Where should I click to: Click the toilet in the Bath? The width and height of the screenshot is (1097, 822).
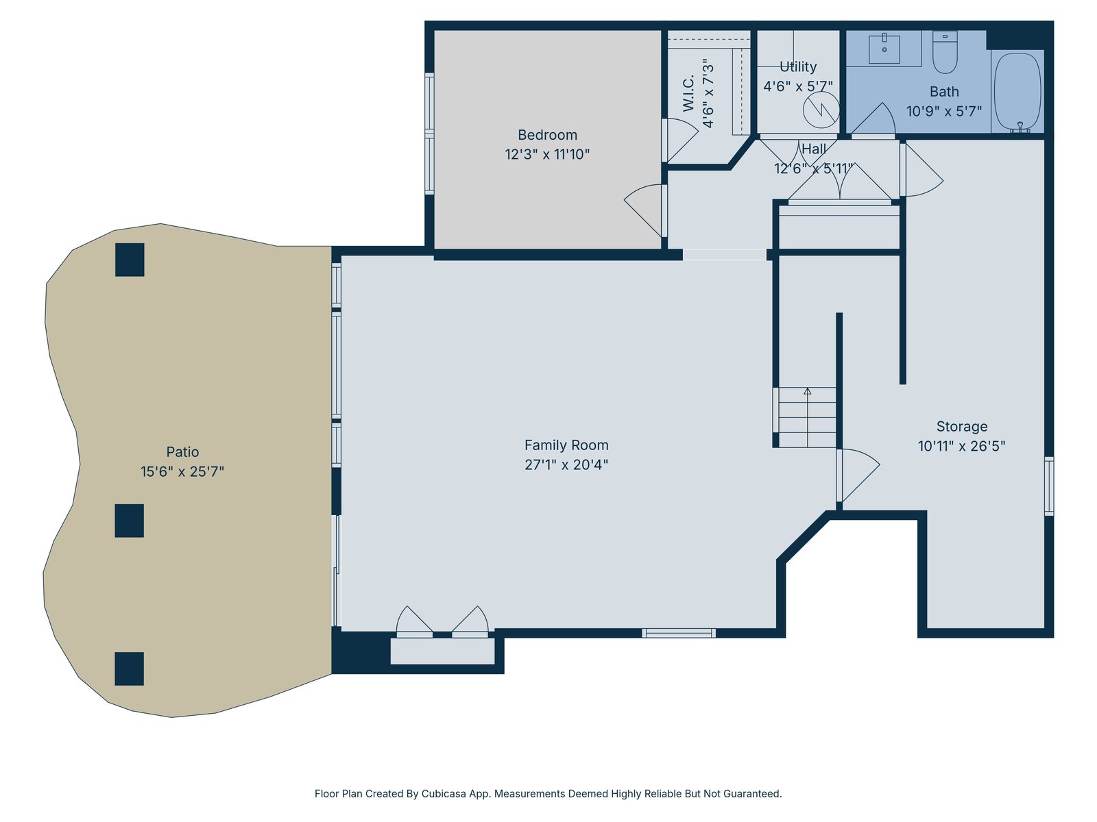(945, 52)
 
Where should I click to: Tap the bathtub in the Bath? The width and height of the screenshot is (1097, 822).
(1017, 92)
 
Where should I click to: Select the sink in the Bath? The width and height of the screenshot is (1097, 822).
(884, 49)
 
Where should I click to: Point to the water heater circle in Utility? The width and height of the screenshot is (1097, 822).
(821, 110)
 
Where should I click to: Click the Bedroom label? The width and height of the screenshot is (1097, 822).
(547, 135)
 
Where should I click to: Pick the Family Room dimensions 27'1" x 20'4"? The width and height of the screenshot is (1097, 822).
(566, 464)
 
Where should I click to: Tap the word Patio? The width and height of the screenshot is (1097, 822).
(182, 451)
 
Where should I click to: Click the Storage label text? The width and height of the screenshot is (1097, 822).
(961, 426)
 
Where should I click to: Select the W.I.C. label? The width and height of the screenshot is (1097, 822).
(688, 93)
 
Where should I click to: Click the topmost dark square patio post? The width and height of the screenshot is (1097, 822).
(130, 260)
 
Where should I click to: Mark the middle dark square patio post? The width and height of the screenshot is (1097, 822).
(130, 521)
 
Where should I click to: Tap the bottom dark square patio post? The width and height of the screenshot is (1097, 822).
(130, 669)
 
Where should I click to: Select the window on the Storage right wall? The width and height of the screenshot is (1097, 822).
(1049, 486)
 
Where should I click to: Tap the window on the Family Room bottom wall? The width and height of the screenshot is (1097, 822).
(679, 634)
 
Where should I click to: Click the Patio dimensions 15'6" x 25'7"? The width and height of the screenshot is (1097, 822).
(182, 472)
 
